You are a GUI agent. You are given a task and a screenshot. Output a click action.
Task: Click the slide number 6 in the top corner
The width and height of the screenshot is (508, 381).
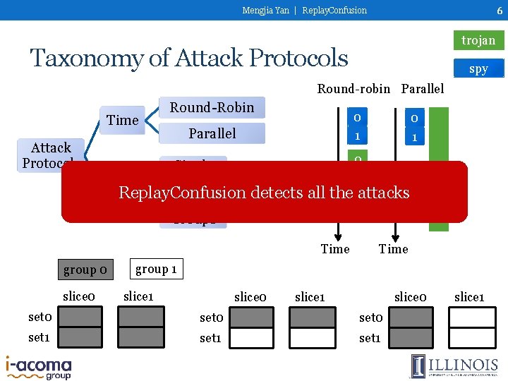(499, 10)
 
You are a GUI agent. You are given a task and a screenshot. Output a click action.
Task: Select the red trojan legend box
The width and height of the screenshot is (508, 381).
(478, 40)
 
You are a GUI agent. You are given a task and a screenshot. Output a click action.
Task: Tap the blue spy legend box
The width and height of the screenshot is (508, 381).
(478, 68)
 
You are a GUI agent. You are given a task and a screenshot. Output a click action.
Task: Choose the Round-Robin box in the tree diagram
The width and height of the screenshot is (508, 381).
(212, 107)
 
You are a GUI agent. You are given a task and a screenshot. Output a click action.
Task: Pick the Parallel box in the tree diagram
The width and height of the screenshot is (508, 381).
(212, 133)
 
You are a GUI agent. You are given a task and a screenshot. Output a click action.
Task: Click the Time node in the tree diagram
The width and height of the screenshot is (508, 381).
(122, 120)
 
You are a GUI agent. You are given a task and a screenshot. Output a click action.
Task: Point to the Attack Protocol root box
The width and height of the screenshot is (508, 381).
(51, 155)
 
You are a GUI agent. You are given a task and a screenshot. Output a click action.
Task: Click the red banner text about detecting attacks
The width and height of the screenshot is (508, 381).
(264, 192)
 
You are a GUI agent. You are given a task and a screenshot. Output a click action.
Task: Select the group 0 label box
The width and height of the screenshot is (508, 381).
(85, 270)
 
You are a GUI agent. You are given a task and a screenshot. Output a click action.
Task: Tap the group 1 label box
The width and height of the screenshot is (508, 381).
(156, 268)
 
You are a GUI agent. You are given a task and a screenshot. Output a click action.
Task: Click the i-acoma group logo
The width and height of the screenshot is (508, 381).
(38, 368)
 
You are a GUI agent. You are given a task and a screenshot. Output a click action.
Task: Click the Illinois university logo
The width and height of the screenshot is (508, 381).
(454, 366)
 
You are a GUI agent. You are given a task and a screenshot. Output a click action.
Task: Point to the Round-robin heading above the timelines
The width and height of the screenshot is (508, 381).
(353, 88)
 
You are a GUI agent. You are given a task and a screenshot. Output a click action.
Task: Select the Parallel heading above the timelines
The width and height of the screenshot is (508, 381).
(423, 88)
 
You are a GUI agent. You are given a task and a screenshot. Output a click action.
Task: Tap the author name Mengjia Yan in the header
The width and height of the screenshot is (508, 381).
(265, 10)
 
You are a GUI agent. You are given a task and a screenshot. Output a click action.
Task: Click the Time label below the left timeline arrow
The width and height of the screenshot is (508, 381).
(335, 248)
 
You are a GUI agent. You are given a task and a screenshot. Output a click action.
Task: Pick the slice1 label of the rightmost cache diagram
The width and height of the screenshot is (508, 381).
(468, 297)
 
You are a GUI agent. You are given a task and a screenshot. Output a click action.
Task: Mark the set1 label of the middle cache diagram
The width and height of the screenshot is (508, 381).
(211, 338)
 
